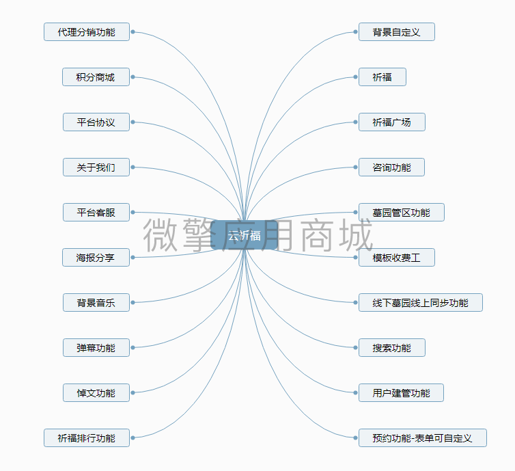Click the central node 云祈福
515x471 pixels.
click(245, 235)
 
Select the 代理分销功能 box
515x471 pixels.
click(87, 32)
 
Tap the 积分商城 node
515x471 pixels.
click(96, 77)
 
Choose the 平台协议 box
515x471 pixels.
click(96, 122)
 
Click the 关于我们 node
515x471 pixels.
click(96, 167)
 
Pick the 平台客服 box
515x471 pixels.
click(96, 213)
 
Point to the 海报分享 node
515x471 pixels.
click(96, 258)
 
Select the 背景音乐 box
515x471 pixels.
click(96, 303)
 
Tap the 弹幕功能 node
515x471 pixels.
click(96, 348)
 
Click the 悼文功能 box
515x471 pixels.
click(96, 393)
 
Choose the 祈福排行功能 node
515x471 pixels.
click(87, 438)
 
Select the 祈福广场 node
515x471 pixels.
click(392, 122)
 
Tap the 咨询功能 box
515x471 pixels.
click(392, 167)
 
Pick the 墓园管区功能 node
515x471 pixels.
click(402, 213)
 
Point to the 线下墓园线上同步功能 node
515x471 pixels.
click(421, 303)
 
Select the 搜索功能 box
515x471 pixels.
click(392, 348)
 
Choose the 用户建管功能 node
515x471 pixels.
click(402, 393)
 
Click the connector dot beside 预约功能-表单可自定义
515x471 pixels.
click(355, 438)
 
